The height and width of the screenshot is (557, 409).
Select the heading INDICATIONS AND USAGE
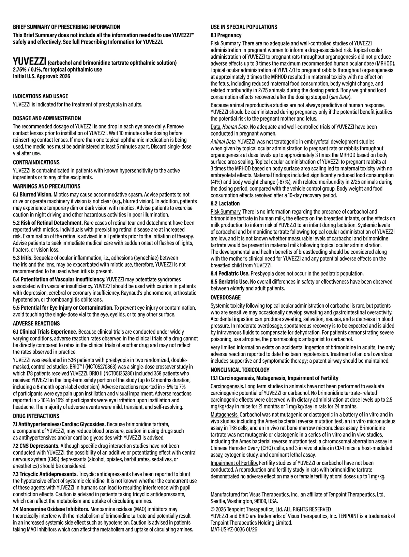41,96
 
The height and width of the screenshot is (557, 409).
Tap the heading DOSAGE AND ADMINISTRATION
47,118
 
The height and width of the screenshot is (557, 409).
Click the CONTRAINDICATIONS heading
36,162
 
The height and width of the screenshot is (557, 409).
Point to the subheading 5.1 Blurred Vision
33,195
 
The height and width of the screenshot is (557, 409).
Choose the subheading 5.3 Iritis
25,258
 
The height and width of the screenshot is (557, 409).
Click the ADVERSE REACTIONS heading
36,323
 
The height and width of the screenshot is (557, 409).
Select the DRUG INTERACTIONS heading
36,416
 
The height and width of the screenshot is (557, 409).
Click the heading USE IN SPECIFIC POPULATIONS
244,27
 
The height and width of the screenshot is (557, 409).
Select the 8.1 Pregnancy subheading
226,35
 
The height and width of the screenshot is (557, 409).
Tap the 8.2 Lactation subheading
225,204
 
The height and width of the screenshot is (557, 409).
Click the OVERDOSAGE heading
226,297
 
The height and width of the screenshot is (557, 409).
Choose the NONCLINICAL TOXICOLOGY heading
240,370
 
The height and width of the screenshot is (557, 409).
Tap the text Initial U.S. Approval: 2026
42,76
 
